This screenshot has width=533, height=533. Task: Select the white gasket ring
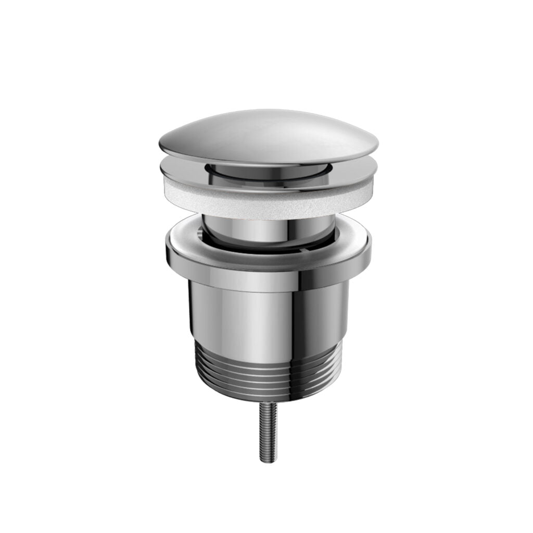(x=268, y=195)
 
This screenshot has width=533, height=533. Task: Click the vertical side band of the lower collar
(x=268, y=263)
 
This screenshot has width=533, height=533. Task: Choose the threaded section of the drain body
(x=268, y=372)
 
